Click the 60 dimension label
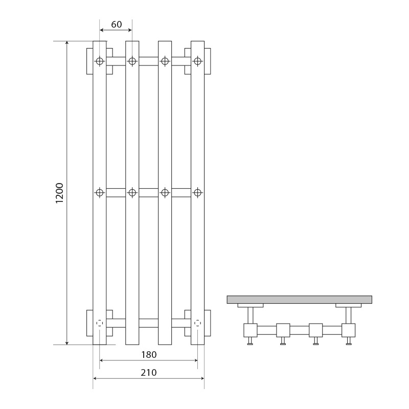(117, 24)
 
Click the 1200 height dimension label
(59, 193)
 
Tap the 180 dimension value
(149, 354)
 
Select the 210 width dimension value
(149, 373)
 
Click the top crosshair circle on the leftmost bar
(100, 61)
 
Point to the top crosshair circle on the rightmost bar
(197, 61)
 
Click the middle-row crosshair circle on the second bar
(132, 193)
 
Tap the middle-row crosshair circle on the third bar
(165, 193)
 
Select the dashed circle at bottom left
(100, 323)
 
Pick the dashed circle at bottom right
(197, 323)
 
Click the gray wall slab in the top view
(299, 300)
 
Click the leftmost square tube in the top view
(251, 330)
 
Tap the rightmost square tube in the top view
(349, 330)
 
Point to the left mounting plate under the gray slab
(251, 305)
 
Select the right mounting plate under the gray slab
(349, 305)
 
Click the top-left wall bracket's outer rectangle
(89, 61)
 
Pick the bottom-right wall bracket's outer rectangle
(208, 323)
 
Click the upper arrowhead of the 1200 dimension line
(67, 43)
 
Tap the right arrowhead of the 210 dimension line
(202, 378)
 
